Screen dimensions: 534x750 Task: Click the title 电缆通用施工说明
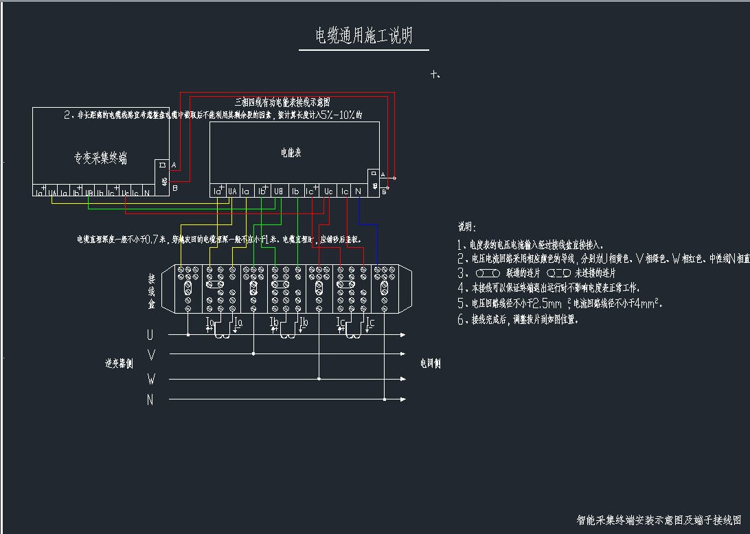tap(363, 36)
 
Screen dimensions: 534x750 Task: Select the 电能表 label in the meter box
tap(291, 152)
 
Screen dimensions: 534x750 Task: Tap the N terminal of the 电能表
tap(359, 191)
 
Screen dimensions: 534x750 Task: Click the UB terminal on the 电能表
tap(279, 191)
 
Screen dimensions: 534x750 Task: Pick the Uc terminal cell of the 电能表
tap(328, 191)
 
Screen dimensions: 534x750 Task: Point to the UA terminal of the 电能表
tap(232, 191)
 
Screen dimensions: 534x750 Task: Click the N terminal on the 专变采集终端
tap(146, 194)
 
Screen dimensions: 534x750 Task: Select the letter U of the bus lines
tap(150, 335)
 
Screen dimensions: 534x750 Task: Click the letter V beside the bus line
tap(151, 354)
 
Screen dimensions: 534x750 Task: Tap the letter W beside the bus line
tap(151, 378)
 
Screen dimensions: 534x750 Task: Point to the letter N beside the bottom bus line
tap(150, 399)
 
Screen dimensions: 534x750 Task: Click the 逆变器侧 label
tap(119, 363)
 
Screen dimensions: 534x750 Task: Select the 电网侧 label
tap(431, 363)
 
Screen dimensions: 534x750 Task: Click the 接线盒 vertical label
tap(152, 291)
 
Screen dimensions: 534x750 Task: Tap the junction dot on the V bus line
tap(253, 354)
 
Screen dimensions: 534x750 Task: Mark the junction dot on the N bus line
tap(385, 399)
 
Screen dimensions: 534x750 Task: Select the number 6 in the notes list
tap(462, 320)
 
